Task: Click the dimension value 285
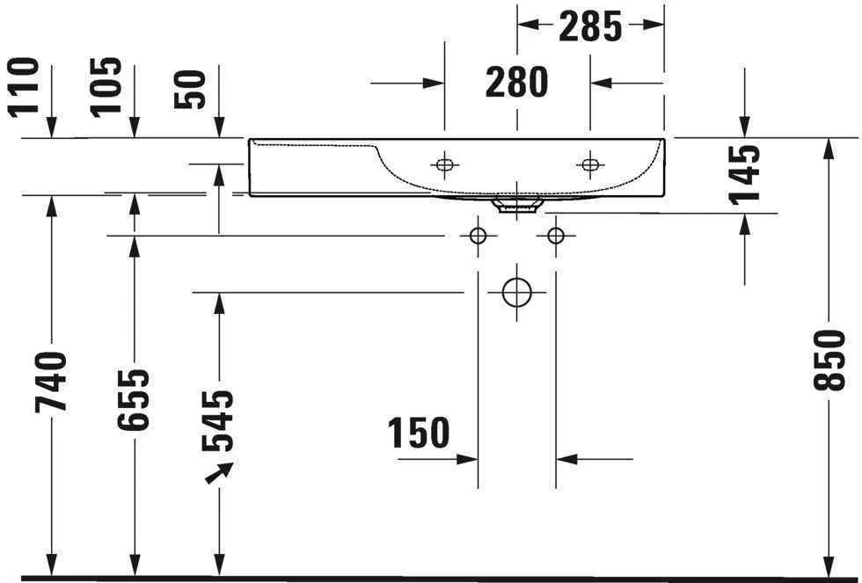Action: tap(590, 27)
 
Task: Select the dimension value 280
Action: tap(517, 82)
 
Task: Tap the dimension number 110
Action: tap(25, 86)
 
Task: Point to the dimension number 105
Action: tap(107, 86)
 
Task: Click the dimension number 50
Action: tap(190, 89)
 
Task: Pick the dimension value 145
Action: tap(744, 174)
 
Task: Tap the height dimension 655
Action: tap(135, 399)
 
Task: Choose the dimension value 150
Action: tap(419, 433)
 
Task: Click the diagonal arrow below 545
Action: tap(219, 473)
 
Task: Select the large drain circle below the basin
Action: tap(516, 291)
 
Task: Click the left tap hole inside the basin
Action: tap(445, 164)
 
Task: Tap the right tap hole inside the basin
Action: tap(589, 164)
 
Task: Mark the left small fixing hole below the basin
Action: tap(478, 236)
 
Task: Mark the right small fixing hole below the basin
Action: tap(555, 236)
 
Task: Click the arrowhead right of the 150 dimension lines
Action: tap(566, 458)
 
